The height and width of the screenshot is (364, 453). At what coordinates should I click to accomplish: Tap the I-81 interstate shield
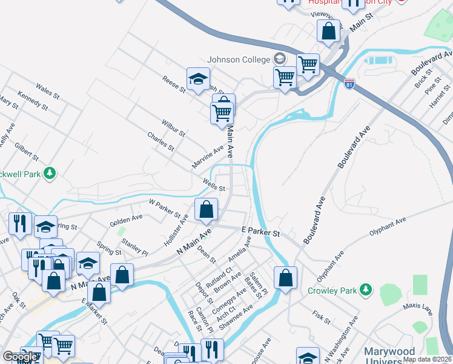[x=349, y=84]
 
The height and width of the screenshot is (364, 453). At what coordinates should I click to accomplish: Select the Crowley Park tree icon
[x=365, y=289]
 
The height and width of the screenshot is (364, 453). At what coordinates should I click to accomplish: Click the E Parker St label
[x=260, y=232]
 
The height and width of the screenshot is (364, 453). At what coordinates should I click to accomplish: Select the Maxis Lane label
[x=419, y=311]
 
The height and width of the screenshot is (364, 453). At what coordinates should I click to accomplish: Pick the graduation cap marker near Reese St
[x=198, y=79]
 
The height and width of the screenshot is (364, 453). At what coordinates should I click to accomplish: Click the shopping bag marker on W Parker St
[x=207, y=209]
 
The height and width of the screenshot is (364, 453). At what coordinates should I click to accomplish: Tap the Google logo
[x=20, y=357]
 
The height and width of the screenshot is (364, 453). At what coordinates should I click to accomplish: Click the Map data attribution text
[x=428, y=359]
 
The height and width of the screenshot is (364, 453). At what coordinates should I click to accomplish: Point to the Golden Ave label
[x=126, y=220]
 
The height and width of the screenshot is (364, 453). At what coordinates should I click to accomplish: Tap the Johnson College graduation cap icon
[x=279, y=59]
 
